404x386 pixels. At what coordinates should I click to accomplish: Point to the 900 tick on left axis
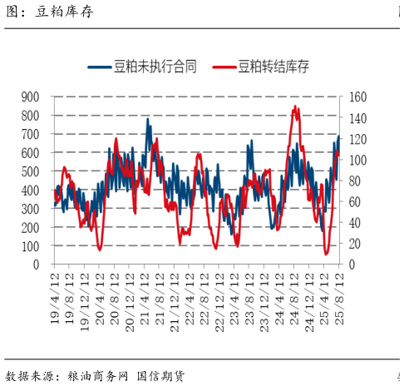tap(32, 96)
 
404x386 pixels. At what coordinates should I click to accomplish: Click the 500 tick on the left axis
tap(32, 171)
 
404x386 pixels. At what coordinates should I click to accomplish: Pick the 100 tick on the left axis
tap(32, 246)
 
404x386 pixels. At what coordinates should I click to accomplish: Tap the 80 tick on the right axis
tap(356, 181)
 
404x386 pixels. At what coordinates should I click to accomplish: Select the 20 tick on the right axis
tap(356, 244)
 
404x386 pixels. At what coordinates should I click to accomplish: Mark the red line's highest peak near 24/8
tap(295, 106)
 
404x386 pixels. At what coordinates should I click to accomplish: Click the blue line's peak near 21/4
tap(148, 119)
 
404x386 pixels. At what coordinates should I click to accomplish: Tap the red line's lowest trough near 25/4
tap(326, 254)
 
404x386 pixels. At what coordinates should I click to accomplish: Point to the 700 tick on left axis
tap(32, 134)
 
